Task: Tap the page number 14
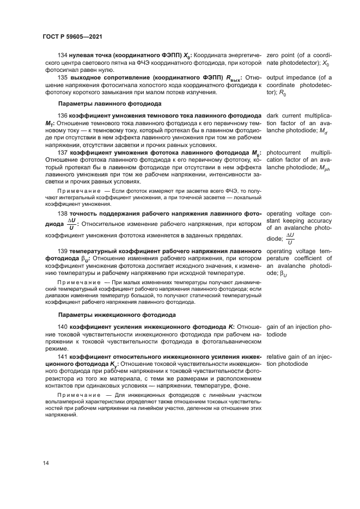coord(46,463)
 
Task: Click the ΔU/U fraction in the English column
coord(290,238)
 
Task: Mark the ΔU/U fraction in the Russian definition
coord(72,225)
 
